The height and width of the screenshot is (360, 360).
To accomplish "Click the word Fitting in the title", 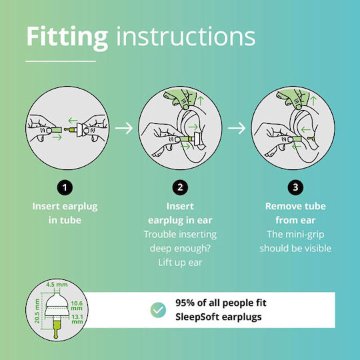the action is [67, 37].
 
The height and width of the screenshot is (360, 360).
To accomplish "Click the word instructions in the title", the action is [186, 36].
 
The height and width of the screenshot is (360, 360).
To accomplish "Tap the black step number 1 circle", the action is [65, 187].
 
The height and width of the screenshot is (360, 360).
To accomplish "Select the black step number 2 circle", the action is [180, 187].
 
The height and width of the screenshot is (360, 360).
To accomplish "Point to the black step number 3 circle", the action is [295, 187].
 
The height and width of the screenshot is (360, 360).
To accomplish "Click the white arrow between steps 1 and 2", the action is [124, 128].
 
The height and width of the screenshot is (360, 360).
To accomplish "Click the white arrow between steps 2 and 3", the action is [237, 128].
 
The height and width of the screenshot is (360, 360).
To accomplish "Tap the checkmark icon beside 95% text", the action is [158, 310].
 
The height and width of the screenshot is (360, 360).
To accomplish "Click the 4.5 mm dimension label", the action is [57, 285].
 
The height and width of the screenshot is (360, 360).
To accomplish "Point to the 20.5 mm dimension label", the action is [37, 311].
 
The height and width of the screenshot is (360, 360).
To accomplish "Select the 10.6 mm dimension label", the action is [77, 305].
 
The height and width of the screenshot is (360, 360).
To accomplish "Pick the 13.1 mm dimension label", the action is [77, 319].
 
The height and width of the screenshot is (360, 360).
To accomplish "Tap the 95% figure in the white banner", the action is [185, 303].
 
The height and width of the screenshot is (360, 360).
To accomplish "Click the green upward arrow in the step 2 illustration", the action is [201, 101].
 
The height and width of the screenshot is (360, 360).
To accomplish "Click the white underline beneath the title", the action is [61, 61].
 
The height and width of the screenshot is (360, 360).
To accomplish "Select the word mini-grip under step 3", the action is [305, 235].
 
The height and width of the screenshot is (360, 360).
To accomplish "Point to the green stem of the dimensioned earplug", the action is [56, 328].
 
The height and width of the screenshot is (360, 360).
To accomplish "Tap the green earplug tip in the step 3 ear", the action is [310, 139].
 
